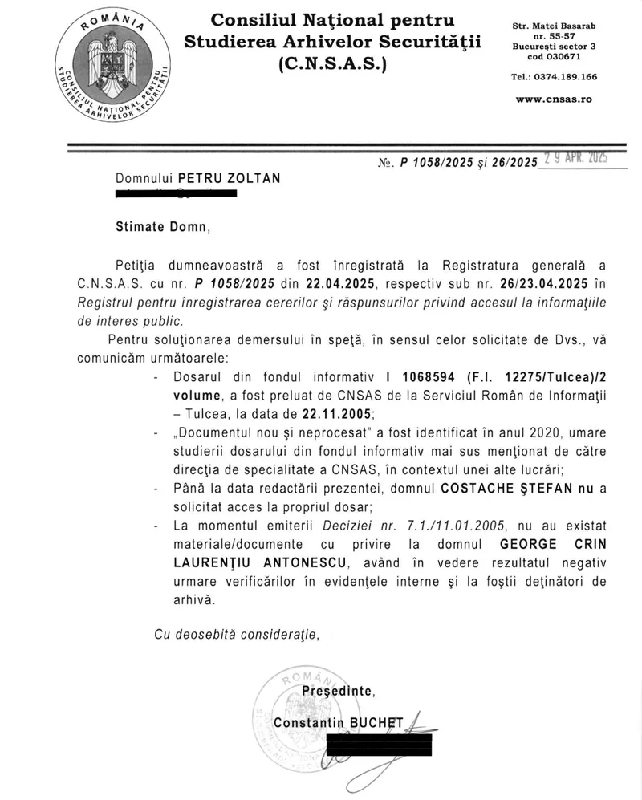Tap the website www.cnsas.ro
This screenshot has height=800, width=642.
coord(553,99)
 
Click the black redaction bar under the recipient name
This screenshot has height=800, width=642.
coord(176,193)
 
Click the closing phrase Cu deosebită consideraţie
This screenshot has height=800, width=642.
coord(236,635)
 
